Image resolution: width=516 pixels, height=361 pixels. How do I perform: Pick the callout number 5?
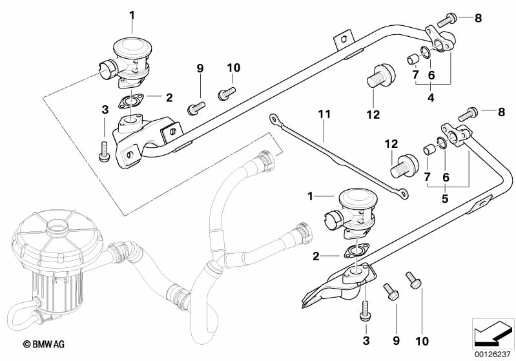pyautogui.click(x=444, y=198)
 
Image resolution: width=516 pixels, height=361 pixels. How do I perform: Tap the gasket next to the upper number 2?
pyautogui.click(x=134, y=101)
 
